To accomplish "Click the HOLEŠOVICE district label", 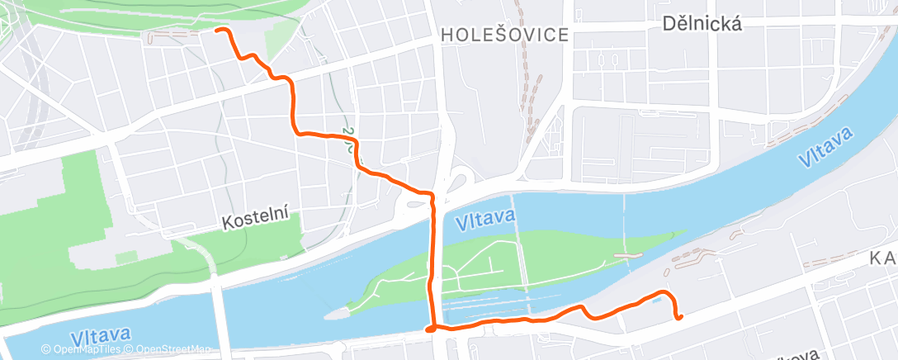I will point(505,35).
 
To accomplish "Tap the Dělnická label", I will point(702,24).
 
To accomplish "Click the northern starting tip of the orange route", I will point(218,30).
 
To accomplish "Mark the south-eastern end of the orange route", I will point(678,316).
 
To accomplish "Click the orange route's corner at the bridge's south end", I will point(430,329).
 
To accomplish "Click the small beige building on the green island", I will point(628,257).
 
